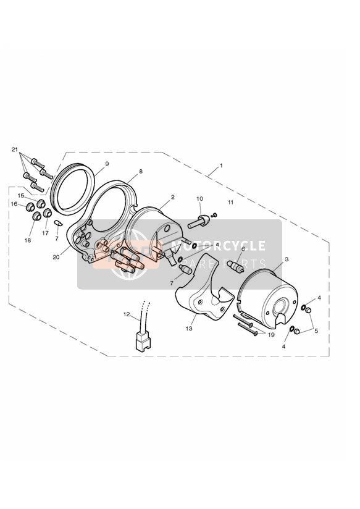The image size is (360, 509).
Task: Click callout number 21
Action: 14,149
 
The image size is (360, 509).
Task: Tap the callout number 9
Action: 107,164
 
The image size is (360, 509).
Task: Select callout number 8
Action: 141,171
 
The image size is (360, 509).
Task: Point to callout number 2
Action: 173,197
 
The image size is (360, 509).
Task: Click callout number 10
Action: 199,199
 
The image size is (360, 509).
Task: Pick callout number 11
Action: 230,202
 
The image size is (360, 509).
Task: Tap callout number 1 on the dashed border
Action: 222,166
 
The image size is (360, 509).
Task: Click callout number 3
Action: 287,259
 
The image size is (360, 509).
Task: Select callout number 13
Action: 189,329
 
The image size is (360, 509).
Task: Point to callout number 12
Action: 126,314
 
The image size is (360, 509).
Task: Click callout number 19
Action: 271,335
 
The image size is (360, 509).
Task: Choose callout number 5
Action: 316,331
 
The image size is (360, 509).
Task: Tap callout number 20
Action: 56,257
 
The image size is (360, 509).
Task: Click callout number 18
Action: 28,240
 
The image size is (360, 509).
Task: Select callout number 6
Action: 243,249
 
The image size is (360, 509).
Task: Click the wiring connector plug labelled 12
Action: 143,342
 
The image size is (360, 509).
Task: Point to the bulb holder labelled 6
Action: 237,266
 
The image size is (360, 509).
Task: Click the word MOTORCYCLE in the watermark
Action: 218,246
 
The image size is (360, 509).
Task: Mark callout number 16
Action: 14,204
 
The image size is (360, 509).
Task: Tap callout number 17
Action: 45,233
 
